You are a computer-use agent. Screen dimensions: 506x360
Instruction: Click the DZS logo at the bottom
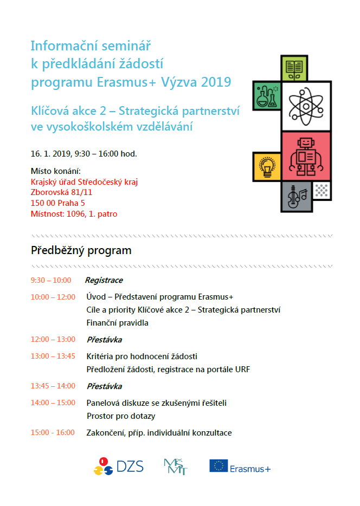pos(118,466)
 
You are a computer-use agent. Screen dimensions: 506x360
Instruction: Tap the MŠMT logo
pos(175,466)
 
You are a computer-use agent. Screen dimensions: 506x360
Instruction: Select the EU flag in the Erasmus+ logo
pos(218,466)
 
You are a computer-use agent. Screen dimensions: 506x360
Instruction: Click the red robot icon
pos(306,155)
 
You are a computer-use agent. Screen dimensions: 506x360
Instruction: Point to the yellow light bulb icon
pos(266,166)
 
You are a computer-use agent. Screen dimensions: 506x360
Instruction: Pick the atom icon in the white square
pos(306,106)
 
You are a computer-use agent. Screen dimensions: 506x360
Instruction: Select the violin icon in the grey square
pos(296,197)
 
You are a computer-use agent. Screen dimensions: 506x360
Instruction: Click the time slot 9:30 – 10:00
pos(51,280)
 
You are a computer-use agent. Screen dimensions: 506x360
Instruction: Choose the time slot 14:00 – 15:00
pos(53,403)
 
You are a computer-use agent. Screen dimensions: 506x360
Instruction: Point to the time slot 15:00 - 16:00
pos(53,432)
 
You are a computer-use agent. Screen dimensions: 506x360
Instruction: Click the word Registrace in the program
pos(104,280)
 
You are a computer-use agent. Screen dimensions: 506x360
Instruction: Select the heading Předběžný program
pos(81,250)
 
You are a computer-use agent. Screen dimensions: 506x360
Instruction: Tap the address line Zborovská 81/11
pos(61,192)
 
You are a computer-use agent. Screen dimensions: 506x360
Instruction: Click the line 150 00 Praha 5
pos(57,203)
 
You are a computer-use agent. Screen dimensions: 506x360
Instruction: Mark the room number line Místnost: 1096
pos(74,214)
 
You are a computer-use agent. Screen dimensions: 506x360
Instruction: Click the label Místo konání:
pos(55,171)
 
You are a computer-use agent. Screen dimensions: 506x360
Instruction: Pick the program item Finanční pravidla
pos(117,323)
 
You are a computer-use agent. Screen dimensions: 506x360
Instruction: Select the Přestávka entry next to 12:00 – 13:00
pos(104,340)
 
